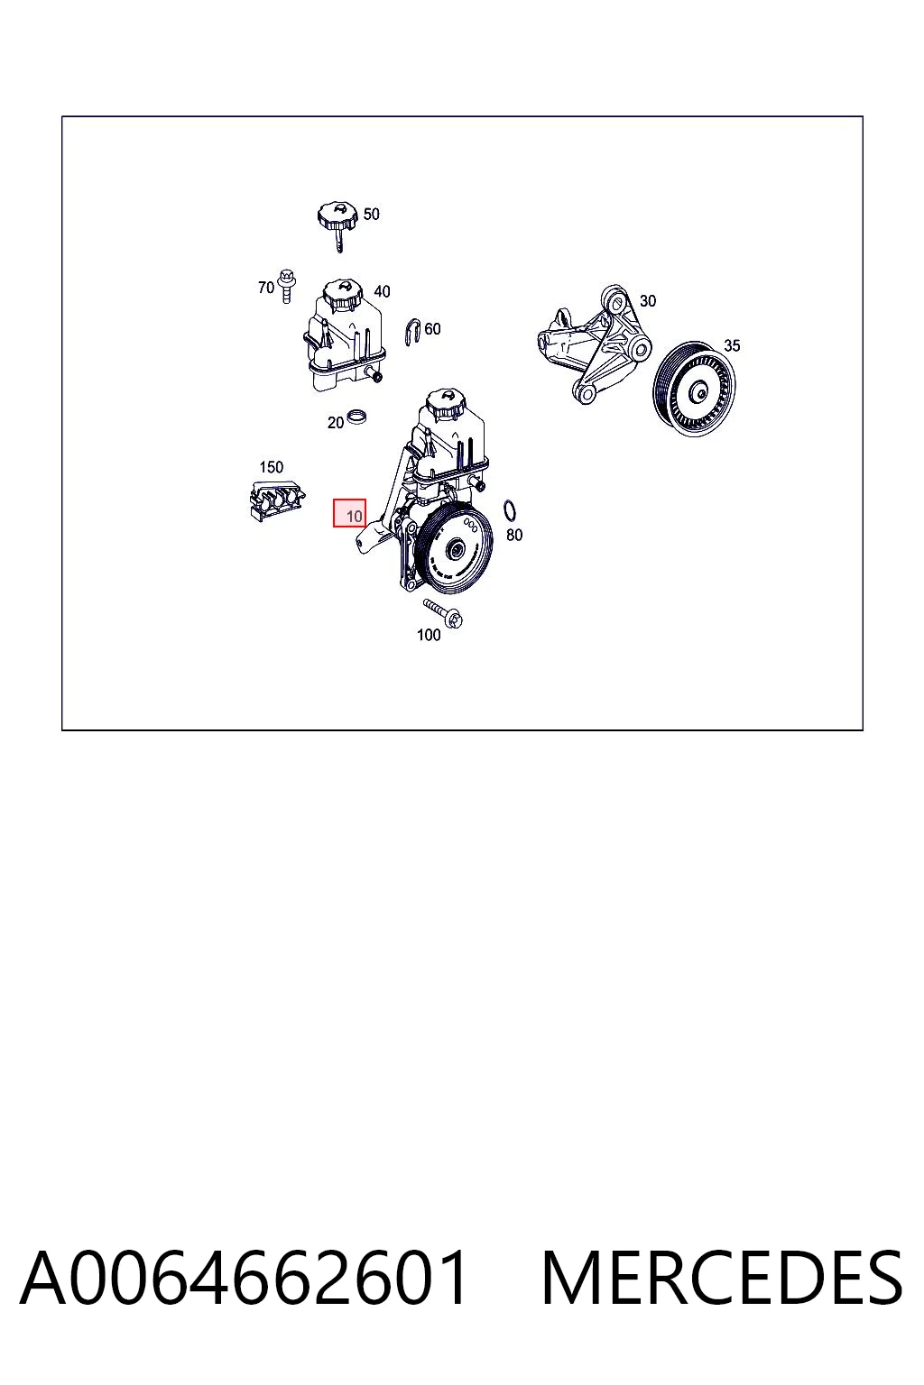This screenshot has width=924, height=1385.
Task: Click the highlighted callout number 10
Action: click(354, 516)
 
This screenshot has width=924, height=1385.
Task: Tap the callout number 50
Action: click(372, 214)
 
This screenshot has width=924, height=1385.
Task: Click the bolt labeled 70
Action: click(286, 286)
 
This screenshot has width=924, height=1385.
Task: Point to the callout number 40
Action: click(382, 291)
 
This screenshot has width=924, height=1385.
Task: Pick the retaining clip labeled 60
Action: click(413, 332)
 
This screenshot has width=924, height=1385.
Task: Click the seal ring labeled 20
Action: click(357, 416)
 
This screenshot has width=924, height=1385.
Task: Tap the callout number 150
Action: click(271, 467)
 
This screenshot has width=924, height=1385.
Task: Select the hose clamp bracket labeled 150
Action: click(276, 500)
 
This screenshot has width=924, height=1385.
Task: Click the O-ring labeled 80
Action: click(511, 510)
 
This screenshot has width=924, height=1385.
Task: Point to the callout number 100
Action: click(429, 635)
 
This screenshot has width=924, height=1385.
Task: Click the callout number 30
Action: click(647, 300)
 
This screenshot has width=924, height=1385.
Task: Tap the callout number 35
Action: click(732, 345)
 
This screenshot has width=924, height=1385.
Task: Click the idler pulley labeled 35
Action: click(695, 389)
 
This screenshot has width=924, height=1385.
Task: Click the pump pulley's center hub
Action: click(458, 548)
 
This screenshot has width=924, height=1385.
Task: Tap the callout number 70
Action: click(266, 288)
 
